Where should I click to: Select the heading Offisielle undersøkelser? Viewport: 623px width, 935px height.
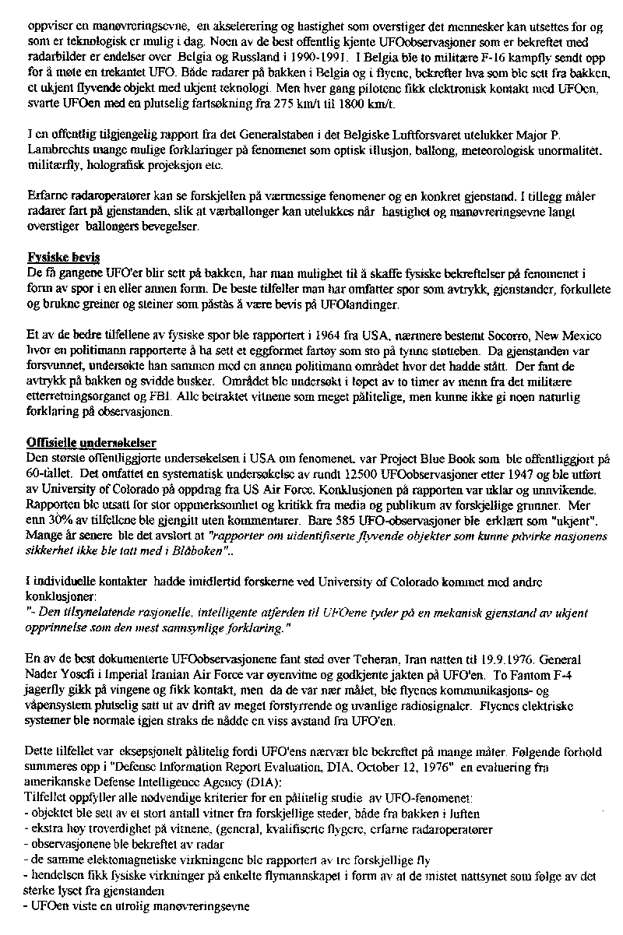pos(91,443)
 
